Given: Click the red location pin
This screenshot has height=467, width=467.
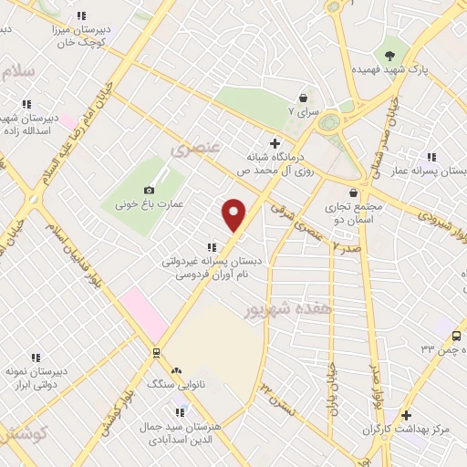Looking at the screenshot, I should click(x=234, y=215).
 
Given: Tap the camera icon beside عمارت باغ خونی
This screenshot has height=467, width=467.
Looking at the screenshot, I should click(x=149, y=190).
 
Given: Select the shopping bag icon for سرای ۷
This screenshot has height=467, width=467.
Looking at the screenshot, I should click(x=302, y=98).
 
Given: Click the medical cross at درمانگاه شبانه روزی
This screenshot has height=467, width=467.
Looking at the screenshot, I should click(x=275, y=142).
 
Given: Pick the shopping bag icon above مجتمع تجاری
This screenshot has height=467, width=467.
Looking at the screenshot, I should click(x=353, y=192).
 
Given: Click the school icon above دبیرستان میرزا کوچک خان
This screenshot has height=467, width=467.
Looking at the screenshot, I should click(x=81, y=16).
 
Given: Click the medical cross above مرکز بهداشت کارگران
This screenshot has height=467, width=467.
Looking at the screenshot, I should click(x=406, y=415).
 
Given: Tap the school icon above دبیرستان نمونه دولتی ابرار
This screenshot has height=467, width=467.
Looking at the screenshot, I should click(x=36, y=358).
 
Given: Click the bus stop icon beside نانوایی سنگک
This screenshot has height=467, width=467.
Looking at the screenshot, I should click(x=156, y=353).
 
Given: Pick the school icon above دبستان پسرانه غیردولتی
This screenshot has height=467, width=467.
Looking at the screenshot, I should click(x=212, y=246).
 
